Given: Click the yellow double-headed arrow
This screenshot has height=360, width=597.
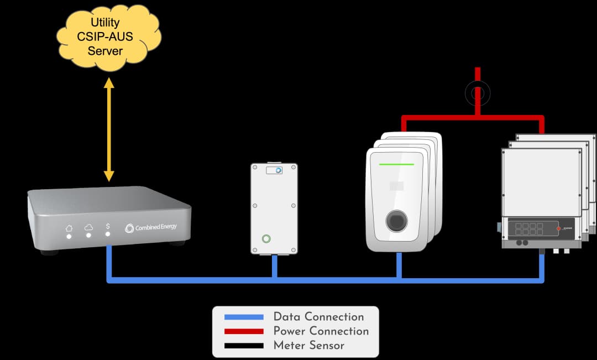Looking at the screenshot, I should tap(109, 130).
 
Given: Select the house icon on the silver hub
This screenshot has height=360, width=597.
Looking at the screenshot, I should tap(69, 228).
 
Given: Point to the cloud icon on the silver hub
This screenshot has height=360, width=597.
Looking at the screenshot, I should tap(88, 227).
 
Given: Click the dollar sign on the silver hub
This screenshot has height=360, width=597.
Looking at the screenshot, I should tap(108, 227).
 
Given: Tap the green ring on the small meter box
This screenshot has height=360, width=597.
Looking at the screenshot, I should tap(266, 238).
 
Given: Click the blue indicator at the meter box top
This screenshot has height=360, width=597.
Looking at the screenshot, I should tap(279, 170).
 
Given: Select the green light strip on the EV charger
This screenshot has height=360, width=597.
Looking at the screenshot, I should tap(396, 164).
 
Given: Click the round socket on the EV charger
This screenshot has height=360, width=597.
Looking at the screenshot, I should tap(396, 220).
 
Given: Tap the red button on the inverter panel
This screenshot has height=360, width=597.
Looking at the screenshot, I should tap(558, 228).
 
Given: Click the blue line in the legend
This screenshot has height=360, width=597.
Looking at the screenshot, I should tap(244, 317).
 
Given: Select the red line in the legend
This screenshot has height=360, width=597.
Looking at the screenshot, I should tap(244, 331).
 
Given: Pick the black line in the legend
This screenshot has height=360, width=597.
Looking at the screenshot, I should tap(244, 346).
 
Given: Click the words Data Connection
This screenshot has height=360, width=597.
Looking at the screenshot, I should tap(318, 317).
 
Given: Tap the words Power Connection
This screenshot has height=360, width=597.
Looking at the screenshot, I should tap(321, 331).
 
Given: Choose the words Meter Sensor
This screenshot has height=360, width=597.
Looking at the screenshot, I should tap(308, 346).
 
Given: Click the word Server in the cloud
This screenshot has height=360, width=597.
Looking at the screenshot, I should tap(105, 51).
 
